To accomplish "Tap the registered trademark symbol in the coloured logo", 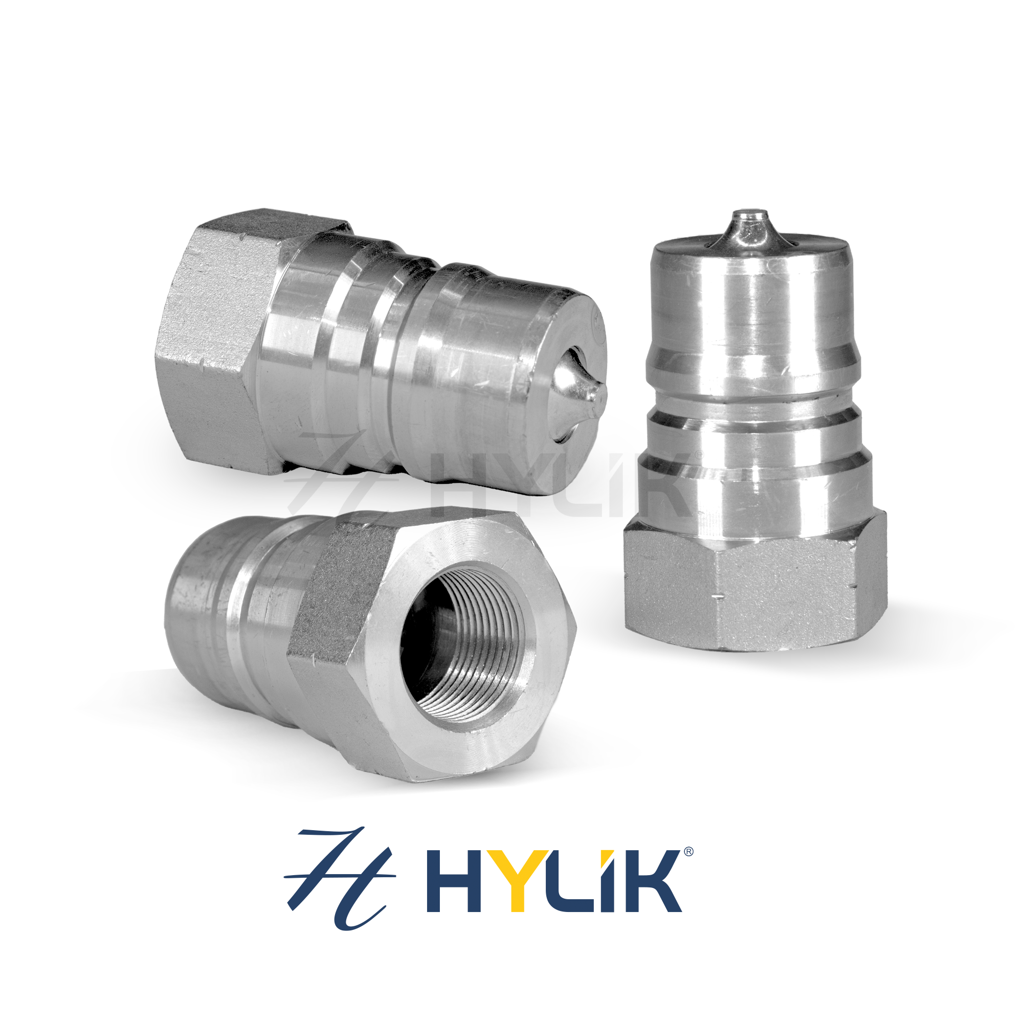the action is [688, 852].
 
